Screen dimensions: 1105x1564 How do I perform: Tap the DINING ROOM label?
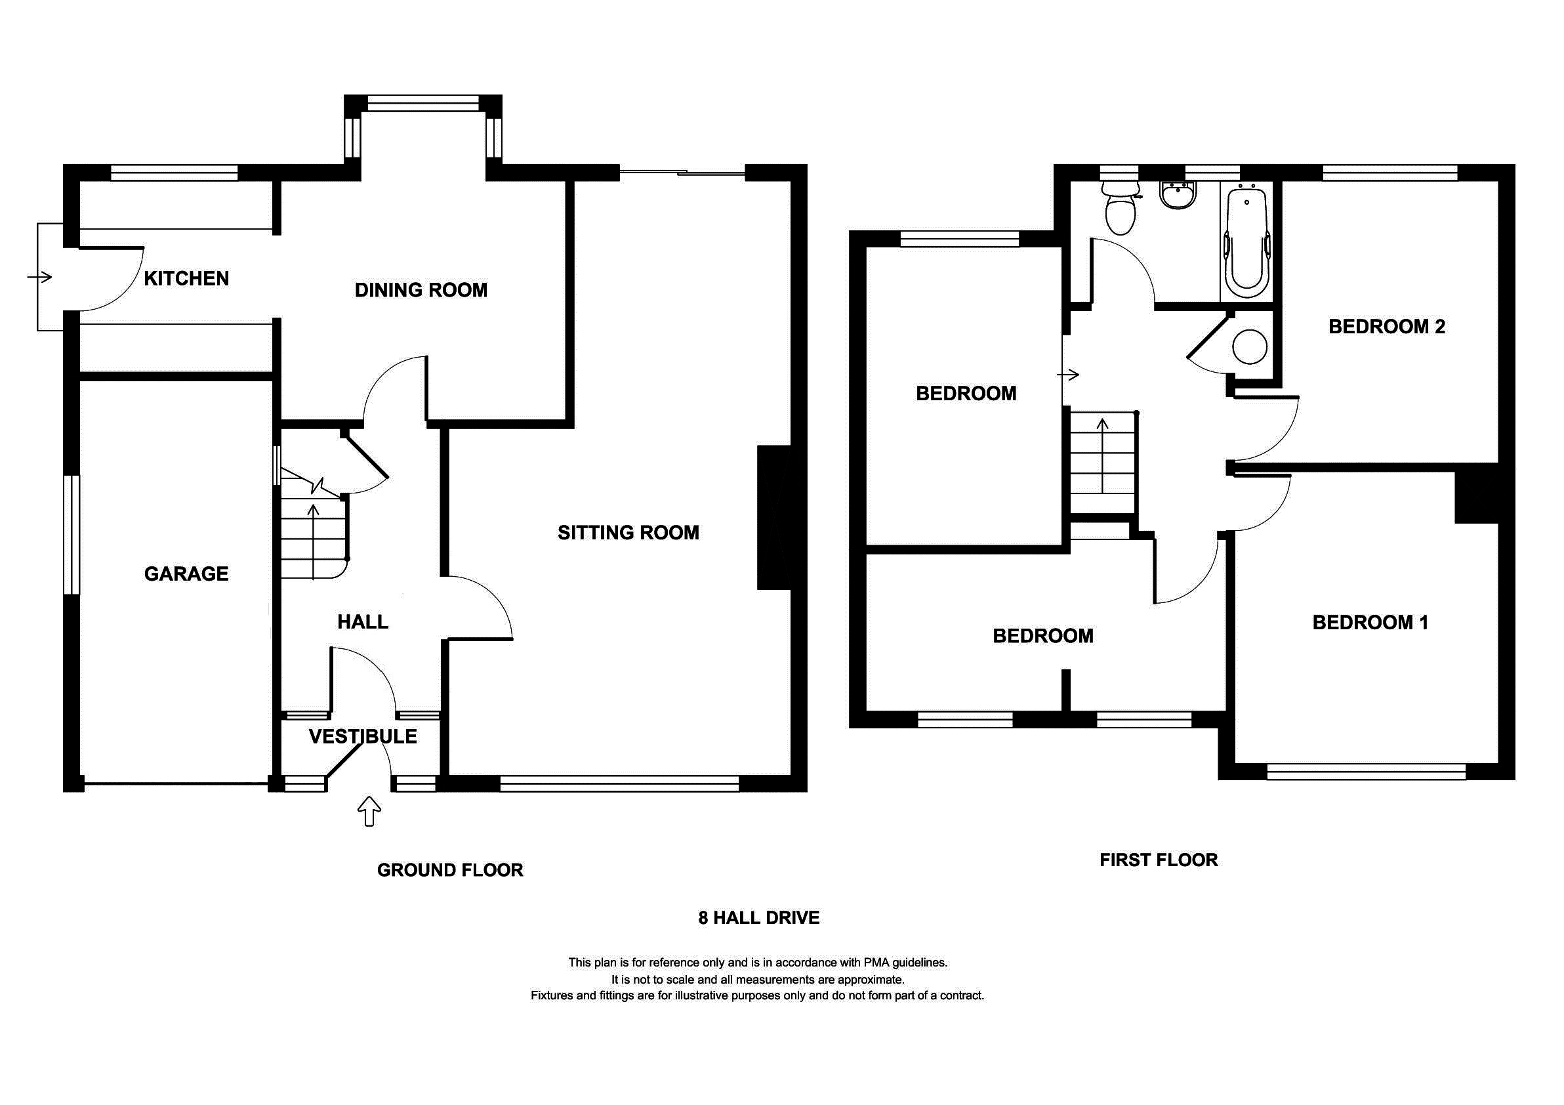(421, 290)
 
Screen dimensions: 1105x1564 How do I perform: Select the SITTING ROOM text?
(628, 533)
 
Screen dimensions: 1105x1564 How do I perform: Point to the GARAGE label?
(186, 573)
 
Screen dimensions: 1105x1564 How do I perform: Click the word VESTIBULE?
(362, 736)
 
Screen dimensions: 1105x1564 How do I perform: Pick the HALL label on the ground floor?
(362, 621)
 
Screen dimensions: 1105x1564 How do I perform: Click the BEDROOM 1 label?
(1370, 622)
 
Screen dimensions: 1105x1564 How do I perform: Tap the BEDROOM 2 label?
(1386, 326)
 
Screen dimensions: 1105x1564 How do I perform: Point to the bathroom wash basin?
(1178, 196)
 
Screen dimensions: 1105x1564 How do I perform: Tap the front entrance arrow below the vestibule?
(369, 810)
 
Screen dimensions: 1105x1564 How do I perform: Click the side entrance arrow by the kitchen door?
(39, 278)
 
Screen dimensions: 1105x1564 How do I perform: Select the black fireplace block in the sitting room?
(774, 518)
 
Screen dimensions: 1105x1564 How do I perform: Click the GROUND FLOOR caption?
(449, 870)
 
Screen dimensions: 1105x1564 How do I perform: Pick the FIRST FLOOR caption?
(1158, 860)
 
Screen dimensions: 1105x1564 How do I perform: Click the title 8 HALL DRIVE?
(758, 917)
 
